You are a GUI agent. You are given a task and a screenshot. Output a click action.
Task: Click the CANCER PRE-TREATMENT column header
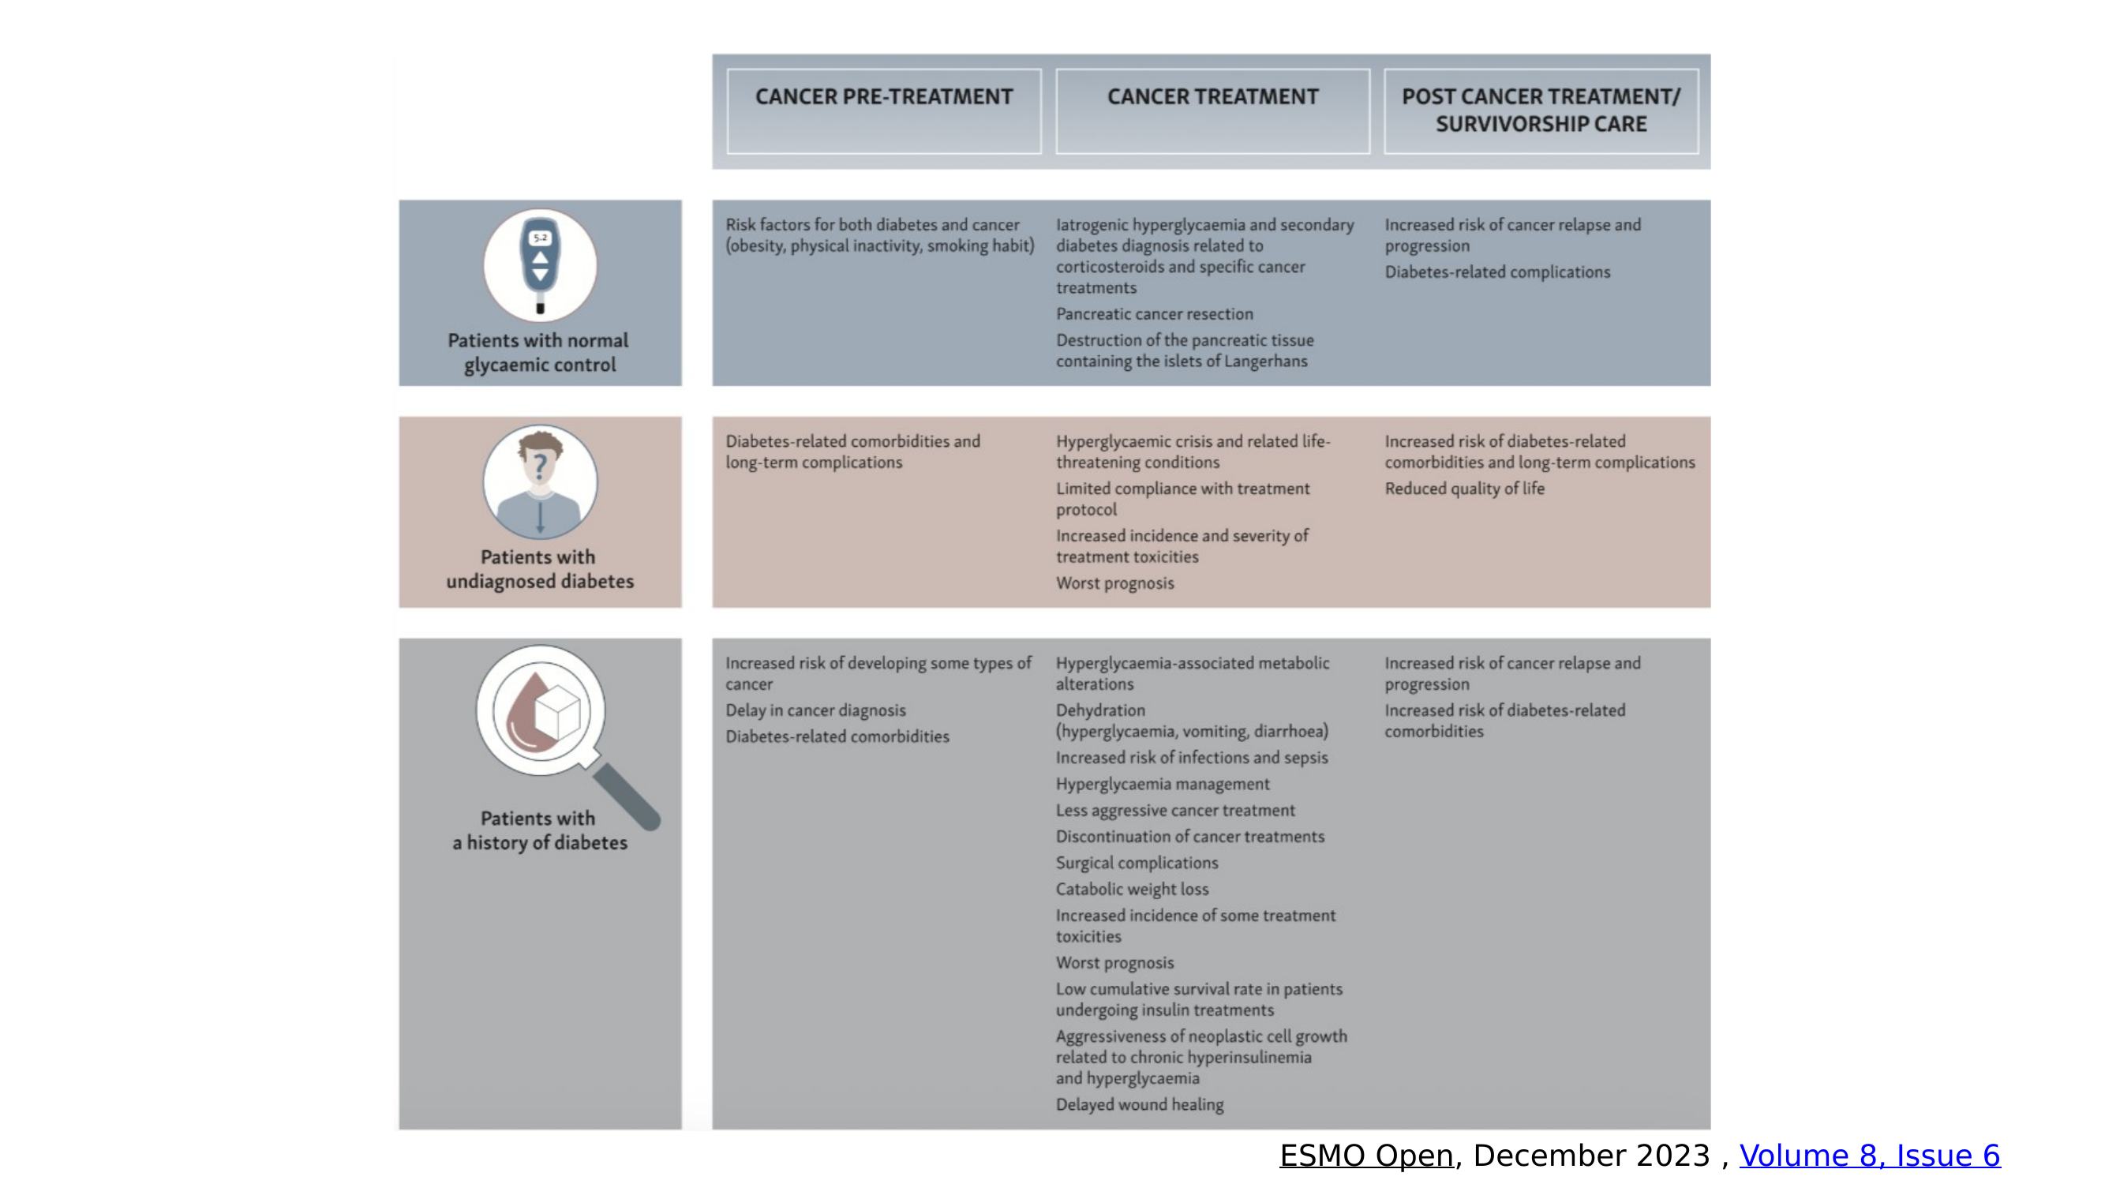[883, 97]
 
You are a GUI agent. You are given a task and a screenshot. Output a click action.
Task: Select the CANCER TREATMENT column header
[1212, 97]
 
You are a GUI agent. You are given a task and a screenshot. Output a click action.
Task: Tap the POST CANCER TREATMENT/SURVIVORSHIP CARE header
[1541, 111]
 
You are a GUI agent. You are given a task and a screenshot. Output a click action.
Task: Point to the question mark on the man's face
[539, 466]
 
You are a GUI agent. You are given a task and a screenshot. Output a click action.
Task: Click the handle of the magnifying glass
[627, 796]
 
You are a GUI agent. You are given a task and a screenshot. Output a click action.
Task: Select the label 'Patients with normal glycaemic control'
[539, 352]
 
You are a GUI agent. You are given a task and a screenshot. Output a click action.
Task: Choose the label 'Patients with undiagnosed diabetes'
[539, 568]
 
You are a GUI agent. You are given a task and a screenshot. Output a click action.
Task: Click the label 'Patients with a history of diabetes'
[539, 830]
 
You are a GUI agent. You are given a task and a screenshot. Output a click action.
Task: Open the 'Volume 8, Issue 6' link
[1870, 1156]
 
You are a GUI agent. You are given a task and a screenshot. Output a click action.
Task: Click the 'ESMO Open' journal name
[1366, 1156]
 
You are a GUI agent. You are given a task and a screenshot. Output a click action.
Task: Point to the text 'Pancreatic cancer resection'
[1154, 314]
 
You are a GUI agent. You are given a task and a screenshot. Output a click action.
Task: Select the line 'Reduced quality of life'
[1464, 489]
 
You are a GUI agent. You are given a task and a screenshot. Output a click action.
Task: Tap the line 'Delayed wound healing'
[1139, 1105]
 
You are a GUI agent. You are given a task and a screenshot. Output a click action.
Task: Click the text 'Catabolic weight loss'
[1132, 889]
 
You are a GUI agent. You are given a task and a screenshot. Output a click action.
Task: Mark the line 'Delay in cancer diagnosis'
[815, 711]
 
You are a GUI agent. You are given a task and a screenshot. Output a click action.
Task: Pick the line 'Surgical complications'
[1137, 863]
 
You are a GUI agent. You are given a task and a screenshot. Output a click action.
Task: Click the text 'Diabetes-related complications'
[1497, 272]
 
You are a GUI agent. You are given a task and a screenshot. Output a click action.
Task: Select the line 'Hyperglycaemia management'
[1163, 785]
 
